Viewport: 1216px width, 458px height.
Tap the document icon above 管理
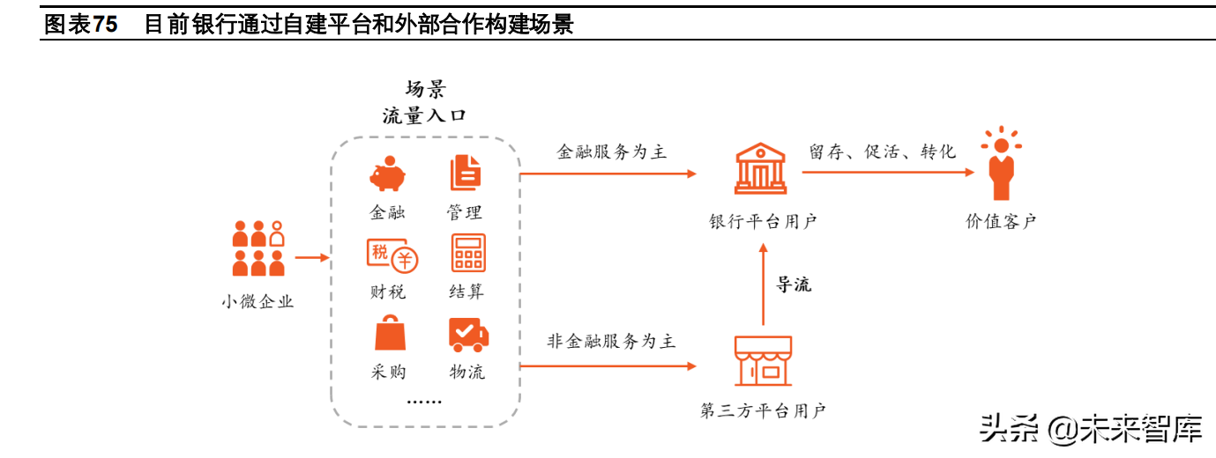[465, 174]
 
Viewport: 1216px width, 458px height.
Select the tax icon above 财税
[392, 254]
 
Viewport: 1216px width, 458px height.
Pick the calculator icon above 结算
[468, 253]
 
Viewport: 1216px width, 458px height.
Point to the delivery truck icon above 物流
[468, 334]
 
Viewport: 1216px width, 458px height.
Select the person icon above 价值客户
[1000, 165]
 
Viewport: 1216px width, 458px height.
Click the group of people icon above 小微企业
[257, 248]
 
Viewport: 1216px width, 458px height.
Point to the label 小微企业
[257, 302]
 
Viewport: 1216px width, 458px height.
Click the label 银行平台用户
[763, 221]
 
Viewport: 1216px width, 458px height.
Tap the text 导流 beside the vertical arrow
[793, 284]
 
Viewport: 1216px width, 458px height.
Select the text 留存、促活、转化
[882, 152]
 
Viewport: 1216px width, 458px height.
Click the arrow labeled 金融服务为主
[608, 174]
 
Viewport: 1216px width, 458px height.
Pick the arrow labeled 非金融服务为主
[608, 365]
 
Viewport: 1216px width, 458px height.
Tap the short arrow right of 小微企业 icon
[311, 258]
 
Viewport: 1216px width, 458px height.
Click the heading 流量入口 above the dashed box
[424, 116]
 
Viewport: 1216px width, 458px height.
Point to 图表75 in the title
[80, 25]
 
